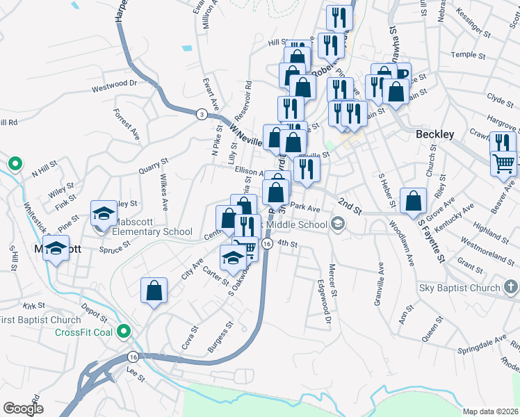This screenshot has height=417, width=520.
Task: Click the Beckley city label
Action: pos(434,134)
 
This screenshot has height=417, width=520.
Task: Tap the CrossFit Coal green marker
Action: pos(124,332)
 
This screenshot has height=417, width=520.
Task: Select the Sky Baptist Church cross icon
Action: pos(510,287)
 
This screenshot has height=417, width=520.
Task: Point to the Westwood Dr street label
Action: pos(115,85)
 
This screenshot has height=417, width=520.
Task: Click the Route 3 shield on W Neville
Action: pos(201,114)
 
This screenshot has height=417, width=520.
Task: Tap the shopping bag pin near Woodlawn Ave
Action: pos(414,201)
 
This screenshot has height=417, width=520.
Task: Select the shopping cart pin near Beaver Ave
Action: pos(503,163)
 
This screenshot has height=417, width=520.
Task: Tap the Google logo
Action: pos(24,408)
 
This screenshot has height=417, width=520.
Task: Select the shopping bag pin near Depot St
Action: pos(154,291)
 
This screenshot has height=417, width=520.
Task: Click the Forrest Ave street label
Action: pos(127,124)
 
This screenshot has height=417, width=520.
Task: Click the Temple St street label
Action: pos(462,54)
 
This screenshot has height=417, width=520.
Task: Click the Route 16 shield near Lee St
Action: pos(132,357)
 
